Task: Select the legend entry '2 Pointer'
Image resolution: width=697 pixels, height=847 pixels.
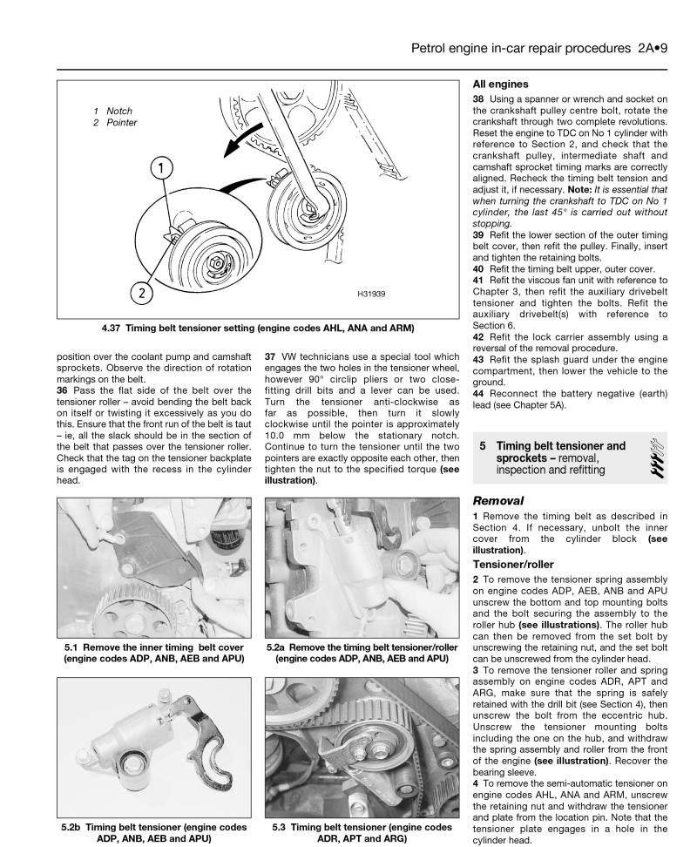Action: [x=117, y=123]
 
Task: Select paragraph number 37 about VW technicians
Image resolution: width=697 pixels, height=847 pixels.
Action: [x=270, y=356]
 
